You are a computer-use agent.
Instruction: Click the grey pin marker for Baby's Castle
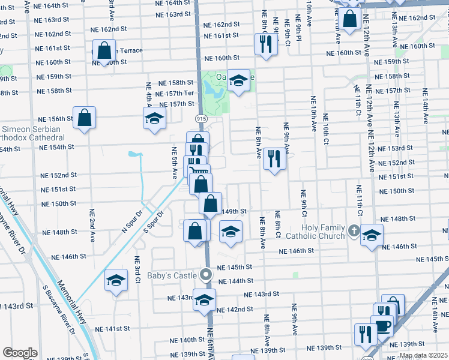(206, 275)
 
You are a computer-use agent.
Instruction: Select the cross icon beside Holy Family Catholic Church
(354, 230)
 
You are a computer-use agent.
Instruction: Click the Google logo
(20, 353)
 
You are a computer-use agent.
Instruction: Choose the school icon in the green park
(238, 80)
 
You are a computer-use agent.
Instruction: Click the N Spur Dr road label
(131, 221)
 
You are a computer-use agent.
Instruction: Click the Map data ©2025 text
(423, 355)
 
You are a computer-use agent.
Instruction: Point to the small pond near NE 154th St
(134, 157)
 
